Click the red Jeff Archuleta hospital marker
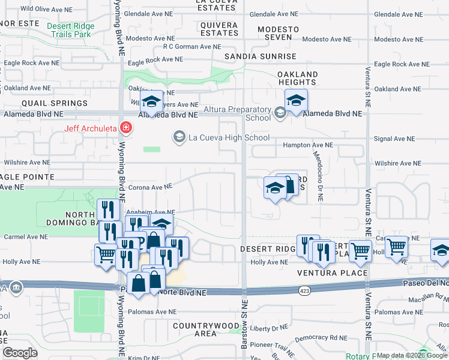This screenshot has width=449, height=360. (125, 127)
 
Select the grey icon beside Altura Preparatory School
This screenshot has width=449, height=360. (279, 113)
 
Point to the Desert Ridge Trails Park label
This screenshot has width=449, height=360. (71, 30)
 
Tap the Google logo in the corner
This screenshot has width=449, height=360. (20, 353)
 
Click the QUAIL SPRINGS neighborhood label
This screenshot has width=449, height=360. (37, 103)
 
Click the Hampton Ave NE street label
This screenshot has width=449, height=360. (307, 145)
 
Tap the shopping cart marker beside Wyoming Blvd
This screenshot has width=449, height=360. (106, 254)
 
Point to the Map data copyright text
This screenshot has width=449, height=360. (411, 355)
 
